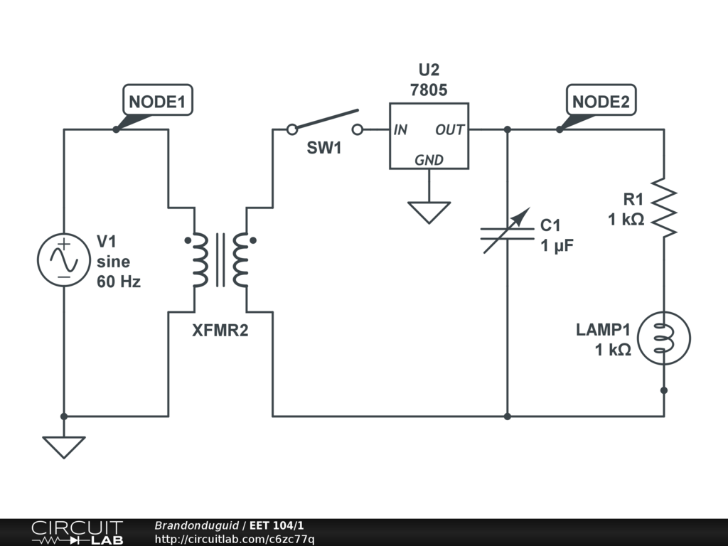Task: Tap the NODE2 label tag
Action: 601,101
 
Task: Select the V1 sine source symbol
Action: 63,260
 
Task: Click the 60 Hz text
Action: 119,282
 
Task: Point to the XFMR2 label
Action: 220,330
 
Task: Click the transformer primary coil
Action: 198,259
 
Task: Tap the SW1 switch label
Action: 324,149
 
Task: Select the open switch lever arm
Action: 324,119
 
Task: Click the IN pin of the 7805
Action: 400,130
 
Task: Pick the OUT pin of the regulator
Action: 450,130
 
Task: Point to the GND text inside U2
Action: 429,160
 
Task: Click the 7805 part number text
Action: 429,90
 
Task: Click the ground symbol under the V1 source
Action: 64,446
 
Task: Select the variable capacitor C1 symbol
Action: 507,232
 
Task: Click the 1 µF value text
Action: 557,246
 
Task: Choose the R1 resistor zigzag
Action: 664,206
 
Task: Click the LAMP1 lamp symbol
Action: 664,338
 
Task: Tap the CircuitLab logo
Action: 77,532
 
